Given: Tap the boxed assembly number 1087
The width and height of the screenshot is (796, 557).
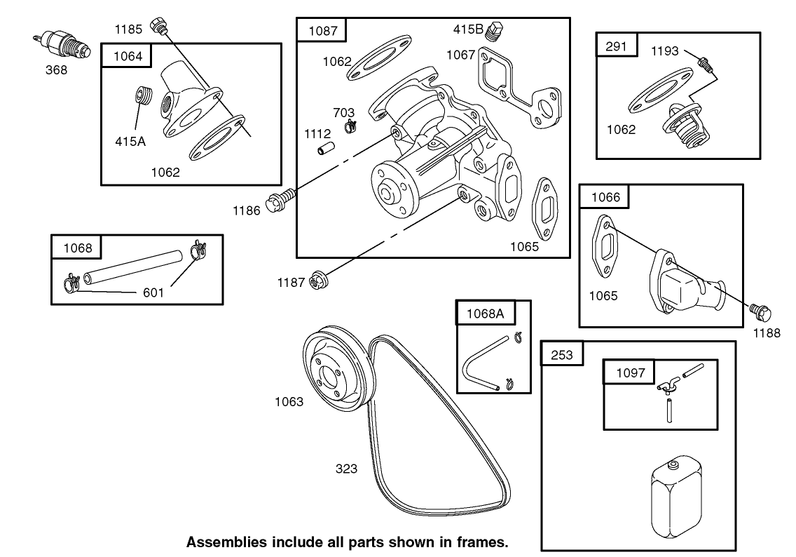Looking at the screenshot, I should [x=322, y=31].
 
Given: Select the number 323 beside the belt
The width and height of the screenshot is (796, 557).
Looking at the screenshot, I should [x=347, y=469].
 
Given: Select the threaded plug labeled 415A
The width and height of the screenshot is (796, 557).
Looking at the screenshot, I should [x=143, y=95].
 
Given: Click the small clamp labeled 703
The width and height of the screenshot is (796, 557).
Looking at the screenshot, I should [x=351, y=126].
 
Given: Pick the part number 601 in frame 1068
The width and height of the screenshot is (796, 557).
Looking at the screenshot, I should [x=153, y=292].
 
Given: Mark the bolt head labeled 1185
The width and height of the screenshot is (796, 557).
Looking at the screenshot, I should [x=160, y=26].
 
